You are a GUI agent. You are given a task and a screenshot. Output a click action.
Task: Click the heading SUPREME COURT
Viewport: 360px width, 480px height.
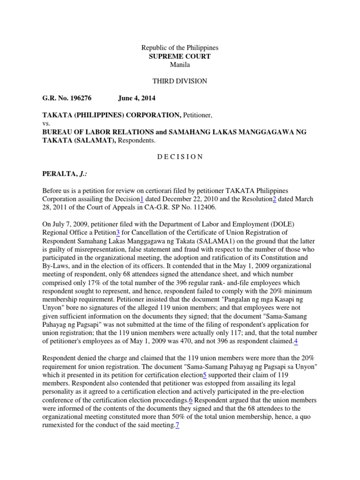180,56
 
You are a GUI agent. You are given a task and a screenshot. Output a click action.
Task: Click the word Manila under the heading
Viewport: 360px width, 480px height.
180,65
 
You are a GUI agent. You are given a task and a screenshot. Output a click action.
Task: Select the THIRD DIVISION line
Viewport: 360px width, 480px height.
180,81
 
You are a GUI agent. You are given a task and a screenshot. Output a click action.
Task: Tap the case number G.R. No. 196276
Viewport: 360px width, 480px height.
67,98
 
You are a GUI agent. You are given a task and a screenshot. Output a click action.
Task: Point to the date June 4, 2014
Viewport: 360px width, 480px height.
136,98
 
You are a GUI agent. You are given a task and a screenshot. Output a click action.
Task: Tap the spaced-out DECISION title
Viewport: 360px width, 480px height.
180,157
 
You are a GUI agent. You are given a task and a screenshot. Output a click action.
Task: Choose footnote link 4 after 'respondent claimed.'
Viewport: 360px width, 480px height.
296,341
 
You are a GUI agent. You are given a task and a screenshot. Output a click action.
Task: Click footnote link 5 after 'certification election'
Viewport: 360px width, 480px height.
204,375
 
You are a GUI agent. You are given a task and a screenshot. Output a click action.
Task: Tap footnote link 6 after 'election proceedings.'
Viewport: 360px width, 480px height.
191,400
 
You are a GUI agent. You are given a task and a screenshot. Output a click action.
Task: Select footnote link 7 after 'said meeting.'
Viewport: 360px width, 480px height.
178,426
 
